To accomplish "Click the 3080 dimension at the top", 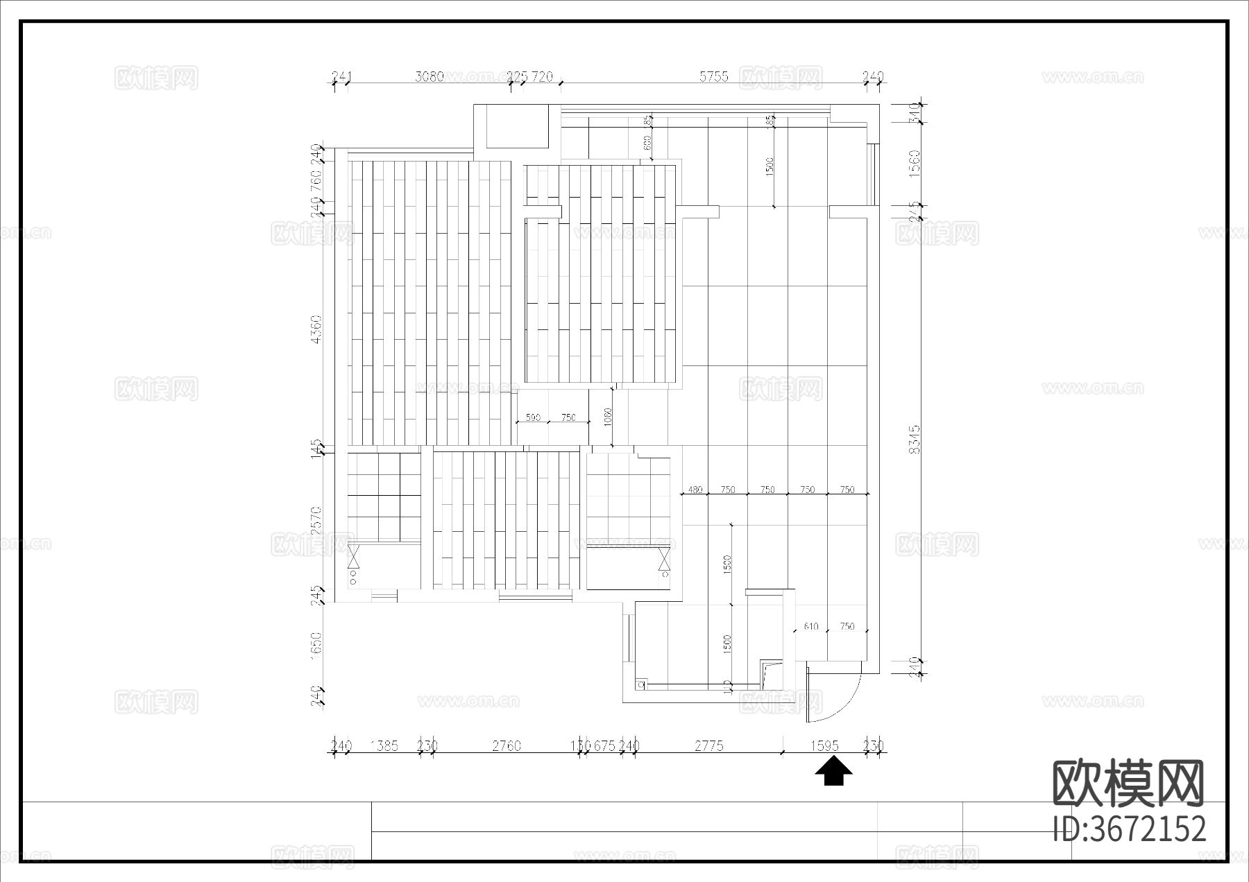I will (429, 77).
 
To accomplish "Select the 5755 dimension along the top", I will (713, 77).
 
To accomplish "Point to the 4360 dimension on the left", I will (316, 329).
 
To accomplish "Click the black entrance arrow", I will (833, 771).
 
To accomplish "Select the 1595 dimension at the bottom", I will (824, 746).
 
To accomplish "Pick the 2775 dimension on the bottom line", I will (709, 746).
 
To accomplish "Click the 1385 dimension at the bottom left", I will (384, 746).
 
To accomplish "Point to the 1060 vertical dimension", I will (608, 417).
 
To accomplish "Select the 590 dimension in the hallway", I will (532, 417).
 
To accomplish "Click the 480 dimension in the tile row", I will (695, 490).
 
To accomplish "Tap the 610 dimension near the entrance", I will (810, 626).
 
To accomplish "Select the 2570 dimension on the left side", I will (316, 521).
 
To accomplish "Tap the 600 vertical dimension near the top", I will (647, 143).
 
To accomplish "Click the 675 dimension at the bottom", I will (604, 746).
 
